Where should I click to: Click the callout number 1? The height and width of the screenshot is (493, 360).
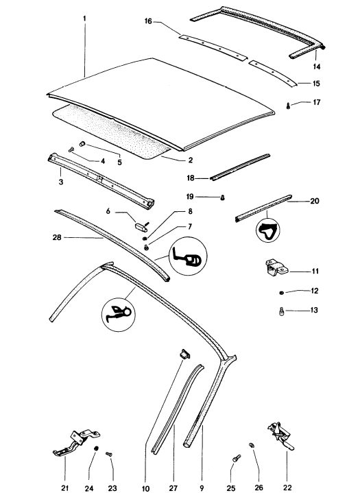click(x=84, y=19)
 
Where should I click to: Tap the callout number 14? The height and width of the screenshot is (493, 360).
click(x=316, y=67)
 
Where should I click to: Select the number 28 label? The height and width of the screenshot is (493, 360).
click(x=57, y=237)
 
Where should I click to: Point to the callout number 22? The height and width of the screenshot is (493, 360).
click(x=287, y=488)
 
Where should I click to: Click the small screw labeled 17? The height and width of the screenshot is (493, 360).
click(x=288, y=106)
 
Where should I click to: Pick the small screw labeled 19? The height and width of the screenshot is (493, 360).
click(x=223, y=197)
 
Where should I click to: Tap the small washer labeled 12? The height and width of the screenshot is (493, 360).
click(x=281, y=293)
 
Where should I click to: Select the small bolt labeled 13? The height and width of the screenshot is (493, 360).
click(x=282, y=311)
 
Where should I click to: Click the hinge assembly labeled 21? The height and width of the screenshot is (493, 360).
click(x=76, y=444)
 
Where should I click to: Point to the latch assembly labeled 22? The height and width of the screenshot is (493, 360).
click(x=280, y=435)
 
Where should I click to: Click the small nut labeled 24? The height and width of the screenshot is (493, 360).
click(x=97, y=448)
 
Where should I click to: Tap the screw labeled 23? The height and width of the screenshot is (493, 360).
click(x=109, y=454)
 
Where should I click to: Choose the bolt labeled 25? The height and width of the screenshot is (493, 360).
click(x=237, y=458)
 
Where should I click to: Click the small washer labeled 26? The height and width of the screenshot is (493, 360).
click(x=252, y=445)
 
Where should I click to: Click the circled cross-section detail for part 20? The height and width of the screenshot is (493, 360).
click(x=267, y=230)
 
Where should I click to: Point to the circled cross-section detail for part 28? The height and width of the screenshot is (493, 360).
click(x=188, y=256)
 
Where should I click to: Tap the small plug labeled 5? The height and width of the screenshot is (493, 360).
click(x=82, y=144)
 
